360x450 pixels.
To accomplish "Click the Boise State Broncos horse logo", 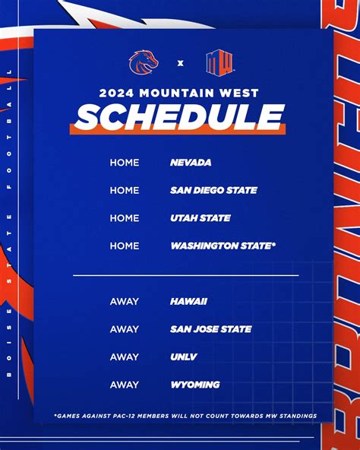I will (x=142, y=61).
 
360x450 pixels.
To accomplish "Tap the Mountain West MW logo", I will (x=219, y=61).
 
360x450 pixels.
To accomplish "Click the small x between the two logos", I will (x=180, y=62).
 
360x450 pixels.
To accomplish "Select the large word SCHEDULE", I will (x=180, y=116).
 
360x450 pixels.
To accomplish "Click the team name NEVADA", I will (x=191, y=162).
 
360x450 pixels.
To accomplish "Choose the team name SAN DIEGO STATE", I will (x=213, y=190).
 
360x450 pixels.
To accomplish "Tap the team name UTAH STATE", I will (x=201, y=218).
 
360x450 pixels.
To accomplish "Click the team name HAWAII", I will (x=188, y=301).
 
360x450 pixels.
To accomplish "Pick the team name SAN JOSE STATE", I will (x=210, y=329).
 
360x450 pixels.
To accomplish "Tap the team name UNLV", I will (x=183, y=357).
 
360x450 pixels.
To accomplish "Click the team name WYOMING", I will (x=194, y=385).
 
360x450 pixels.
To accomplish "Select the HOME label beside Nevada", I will (x=125, y=162).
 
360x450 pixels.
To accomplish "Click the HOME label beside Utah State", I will (x=125, y=218).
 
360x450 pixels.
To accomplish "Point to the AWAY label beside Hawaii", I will (x=125, y=301).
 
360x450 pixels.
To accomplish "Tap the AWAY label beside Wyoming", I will (x=125, y=385).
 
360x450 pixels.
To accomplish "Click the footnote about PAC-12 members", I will (x=185, y=416).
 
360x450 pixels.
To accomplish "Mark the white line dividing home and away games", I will (x=185, y=275).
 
